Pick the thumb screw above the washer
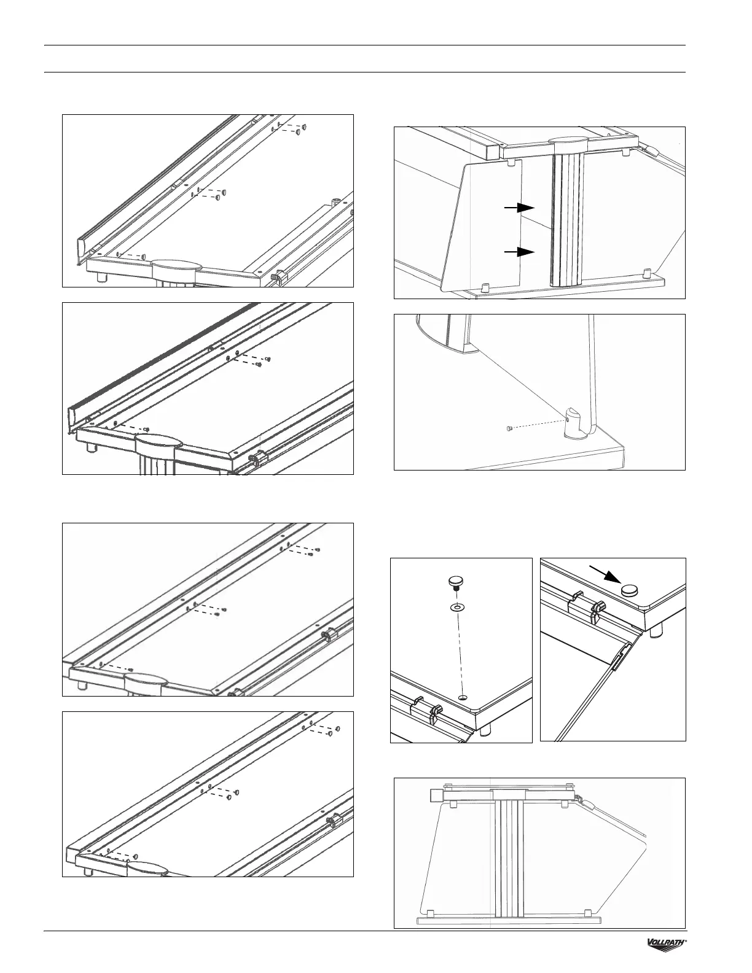456,582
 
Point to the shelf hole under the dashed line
464,697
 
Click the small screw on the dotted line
509,428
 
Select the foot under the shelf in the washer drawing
485,729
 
